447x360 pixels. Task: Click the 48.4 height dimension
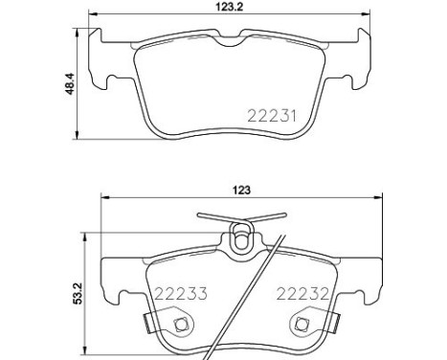pos(69,83)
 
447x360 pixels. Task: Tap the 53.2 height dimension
pos(78,293)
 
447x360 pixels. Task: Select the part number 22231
pos(272,116)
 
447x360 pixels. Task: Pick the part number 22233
pos(181,294)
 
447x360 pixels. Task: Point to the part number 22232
pos(302,294)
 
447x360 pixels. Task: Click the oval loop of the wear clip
pos(241,237)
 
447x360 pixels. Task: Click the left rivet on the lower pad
pos(181,325)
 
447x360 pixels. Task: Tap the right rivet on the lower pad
pos(301,325)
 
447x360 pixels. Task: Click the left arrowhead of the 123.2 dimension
pos(92,13)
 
